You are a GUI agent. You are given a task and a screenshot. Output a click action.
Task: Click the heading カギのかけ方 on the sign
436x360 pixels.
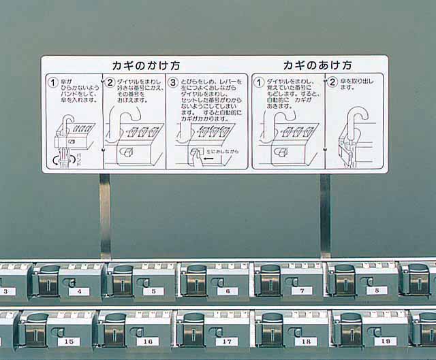pyautogui.click(x=146, y=66)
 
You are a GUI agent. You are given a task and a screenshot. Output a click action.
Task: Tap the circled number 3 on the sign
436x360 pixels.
pyautogui.click(x=173, y=83)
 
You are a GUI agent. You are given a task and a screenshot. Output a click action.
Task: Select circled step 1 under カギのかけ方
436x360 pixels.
pyautogui.click(x=52, y=83)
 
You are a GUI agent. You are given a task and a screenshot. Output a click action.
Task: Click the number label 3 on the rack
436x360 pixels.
pyautogui.click(x=7, y=291)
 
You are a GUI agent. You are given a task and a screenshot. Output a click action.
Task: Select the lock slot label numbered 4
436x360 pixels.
pyautogui.click(x=80, y=291)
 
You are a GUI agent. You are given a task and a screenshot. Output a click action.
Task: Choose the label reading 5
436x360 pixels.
pyautogui.click(x=153, y=291)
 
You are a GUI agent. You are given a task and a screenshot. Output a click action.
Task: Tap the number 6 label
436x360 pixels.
pyautogui.click(x=228, y=291)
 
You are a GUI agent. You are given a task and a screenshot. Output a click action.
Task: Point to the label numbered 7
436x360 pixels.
pyautogui.click(x=302, y=291)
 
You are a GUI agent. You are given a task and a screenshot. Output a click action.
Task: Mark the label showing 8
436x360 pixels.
pyautogui.click(x=376, y=291)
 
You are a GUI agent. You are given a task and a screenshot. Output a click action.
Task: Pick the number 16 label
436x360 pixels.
pyautogui.click(x=148, y=341)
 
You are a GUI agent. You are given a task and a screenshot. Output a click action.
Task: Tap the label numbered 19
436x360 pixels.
pyautogui.click(x=385, y=341)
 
